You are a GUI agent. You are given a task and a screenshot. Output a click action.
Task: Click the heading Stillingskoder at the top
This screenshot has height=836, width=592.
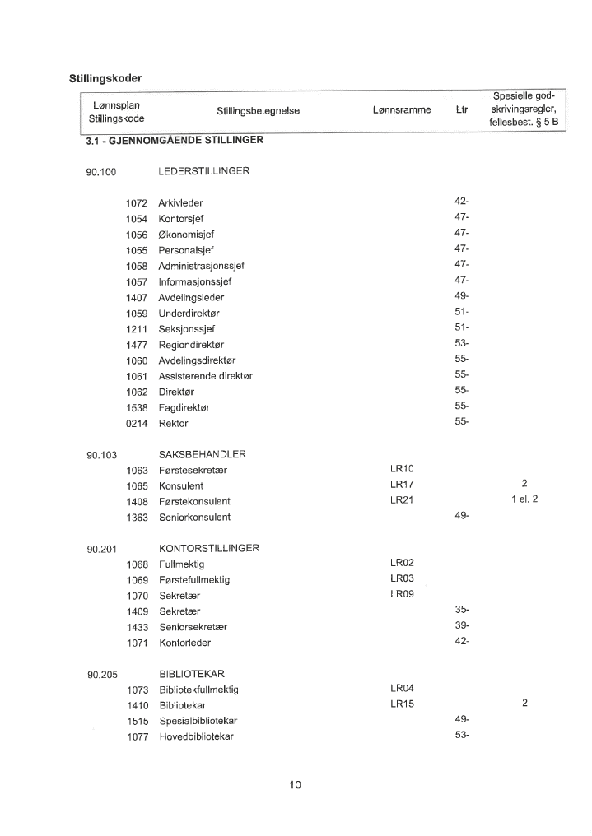[105, 79]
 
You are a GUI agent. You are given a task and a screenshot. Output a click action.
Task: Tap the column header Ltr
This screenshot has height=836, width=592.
[461, 109]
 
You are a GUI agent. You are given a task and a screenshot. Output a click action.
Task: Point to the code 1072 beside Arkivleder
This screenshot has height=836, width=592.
[136, 202]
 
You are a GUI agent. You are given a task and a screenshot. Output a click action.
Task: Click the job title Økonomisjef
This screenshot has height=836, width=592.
[186, 235]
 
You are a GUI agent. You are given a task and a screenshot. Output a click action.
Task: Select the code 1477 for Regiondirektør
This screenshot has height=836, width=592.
[136, 344]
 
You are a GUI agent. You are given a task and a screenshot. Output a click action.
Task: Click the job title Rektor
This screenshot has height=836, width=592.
[173, 423]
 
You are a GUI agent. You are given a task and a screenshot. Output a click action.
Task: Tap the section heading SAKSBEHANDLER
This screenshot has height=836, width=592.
[202, 454]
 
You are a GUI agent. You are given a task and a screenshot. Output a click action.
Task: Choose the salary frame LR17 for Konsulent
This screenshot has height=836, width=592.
[402, 485]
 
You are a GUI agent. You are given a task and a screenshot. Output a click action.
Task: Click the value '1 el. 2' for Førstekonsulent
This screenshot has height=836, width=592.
[524, 500]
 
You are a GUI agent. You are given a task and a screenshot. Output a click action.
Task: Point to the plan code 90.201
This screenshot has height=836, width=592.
[101, 549]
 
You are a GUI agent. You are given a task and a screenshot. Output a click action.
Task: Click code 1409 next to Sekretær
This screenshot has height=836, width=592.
[136, 611]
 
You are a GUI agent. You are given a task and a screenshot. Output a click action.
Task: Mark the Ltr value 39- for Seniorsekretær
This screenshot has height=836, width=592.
[461, 626]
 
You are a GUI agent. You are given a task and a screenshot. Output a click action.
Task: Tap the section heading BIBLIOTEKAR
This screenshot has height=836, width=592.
[191, 674]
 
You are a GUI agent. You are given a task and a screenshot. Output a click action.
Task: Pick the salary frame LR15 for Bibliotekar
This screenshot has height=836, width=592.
[402, 704]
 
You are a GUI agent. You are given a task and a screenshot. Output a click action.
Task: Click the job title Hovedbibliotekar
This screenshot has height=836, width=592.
[196, 736]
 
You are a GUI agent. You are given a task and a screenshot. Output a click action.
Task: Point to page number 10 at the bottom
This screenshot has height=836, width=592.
[295, 785]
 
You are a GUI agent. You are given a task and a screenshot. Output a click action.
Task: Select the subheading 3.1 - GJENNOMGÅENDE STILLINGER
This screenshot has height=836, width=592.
[174, 140]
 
